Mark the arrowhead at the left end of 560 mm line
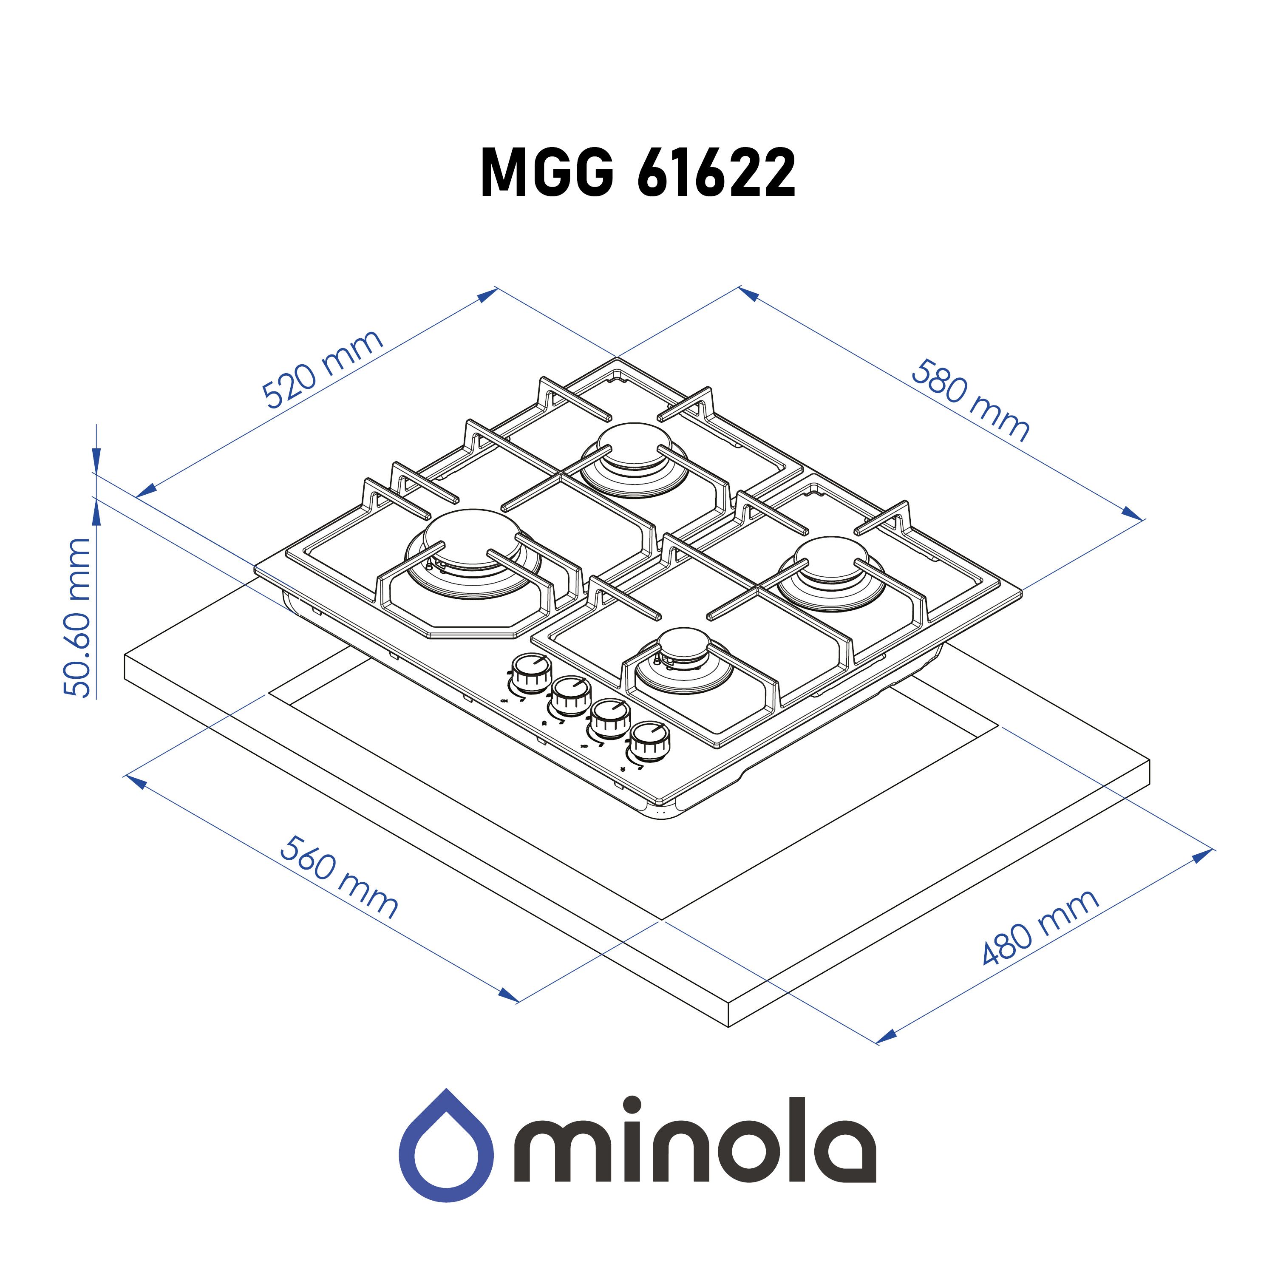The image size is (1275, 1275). (x=136, y=782)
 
